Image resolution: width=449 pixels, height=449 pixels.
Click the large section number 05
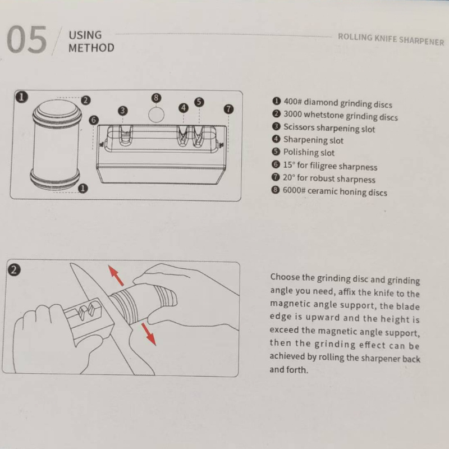point(26,39)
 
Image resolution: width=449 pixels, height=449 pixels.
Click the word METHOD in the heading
point(91,48)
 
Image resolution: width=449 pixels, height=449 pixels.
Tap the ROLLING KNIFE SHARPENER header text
point(391,39)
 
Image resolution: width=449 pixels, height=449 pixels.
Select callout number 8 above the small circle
point(156,98)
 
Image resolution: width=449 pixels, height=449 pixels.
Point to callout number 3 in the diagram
point(123,111)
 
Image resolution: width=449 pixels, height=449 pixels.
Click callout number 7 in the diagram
point(228,109)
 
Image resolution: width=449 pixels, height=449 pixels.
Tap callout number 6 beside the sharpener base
point(94,120)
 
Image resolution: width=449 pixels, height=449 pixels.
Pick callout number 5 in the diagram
point(199,102)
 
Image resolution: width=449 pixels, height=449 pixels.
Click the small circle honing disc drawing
point(157,115)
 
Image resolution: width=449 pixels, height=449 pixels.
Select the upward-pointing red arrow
point(116,275)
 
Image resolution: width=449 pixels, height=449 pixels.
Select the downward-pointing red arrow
point(149,334)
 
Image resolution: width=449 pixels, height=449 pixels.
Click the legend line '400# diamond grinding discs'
point(332,103)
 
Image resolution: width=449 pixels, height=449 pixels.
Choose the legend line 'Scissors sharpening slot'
point(324,128)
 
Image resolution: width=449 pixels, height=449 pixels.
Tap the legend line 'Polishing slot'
point(303,152)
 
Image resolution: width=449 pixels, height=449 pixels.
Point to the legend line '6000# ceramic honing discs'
point(329,191)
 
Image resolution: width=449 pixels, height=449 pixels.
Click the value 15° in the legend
point(289,165)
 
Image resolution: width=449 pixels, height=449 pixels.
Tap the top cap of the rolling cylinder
point(57,112)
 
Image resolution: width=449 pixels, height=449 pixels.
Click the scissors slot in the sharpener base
point(126,134)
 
